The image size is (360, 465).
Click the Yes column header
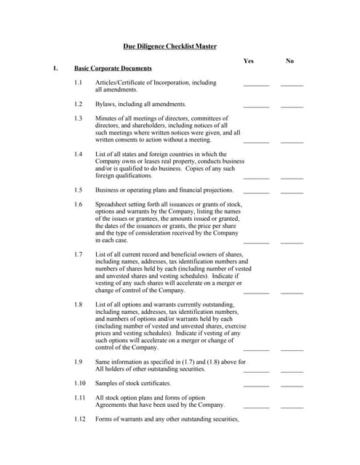249,61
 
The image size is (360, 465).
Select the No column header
290,61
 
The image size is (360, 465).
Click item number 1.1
79,83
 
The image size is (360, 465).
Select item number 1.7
79,254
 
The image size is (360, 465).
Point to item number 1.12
80,419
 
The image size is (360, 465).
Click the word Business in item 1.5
108,190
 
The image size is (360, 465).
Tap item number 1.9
79,361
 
